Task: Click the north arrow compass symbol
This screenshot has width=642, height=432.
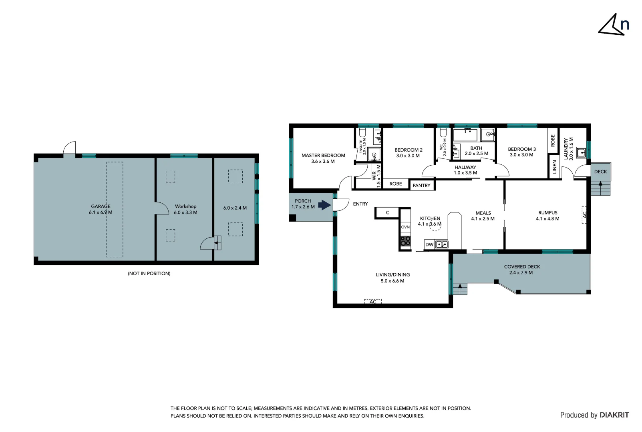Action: pyautogui.click(x=613, y=25)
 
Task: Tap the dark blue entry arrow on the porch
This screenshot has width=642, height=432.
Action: pyautogui.click(x=324, y=205)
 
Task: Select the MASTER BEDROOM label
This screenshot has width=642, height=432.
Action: pyautogui.click(x=323, y=155)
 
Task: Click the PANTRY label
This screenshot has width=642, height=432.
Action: pyautogui.click(x=421, y=186)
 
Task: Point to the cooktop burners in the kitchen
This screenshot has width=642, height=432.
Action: pyautogui.click(x=405, y=241)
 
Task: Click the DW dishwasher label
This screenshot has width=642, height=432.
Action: pyautogui.click(x=429, y=244)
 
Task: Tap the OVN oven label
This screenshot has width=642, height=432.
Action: pyautogui.click(x=405, y=227)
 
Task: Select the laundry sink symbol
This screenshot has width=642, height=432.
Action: pyautogui.click(x=581, y=152)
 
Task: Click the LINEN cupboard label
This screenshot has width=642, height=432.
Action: pyautogui.click(x=555, y=166)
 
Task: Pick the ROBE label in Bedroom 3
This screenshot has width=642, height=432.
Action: pyautogui.click(x=553, y=140)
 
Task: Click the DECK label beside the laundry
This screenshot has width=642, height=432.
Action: pyautogui.click(x=600, y=172)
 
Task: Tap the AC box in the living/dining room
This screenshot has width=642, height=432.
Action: pyautogui.click(x=373, y=302)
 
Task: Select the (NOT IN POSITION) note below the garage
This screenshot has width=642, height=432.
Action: pyautogui.click(x=149, y=274)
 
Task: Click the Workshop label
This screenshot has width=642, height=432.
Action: pyautogui.click(x=185, y=206)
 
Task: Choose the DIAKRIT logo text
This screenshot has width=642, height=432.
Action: pyautogui.click(x=614, y=415)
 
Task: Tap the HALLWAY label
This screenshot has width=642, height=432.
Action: pyautogui.click(x=465, y=167)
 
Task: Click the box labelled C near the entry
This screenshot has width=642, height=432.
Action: pyautogui.click(x=387, y=213)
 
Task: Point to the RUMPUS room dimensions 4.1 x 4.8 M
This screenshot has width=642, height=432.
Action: pyautogui.click(x=547, y=219)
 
